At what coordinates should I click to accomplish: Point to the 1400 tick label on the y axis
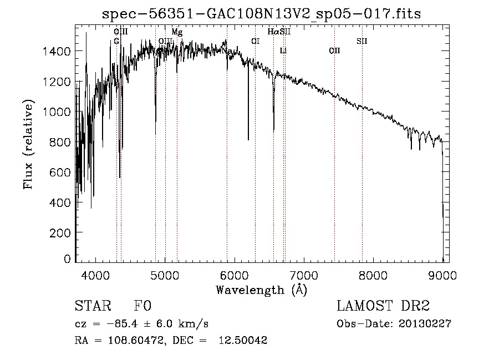pyautogui.click(x=58, y=52)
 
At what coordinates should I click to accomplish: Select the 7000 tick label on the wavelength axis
pyautogui.click(x=304, y=274)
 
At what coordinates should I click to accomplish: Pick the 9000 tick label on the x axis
pyautogui.click(x=443, y=274)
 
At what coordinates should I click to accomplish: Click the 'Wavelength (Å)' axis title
pyautogui.click(x=261, y=290)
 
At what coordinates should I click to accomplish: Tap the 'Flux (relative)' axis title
pyautogui.click(x=28, y=144)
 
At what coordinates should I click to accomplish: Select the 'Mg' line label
pyautogui.click(x=177, y=32)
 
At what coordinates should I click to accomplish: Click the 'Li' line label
pyautogui.click(x=283, y=51)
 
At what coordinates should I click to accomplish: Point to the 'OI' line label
pyautogui.click(x=255, y=41)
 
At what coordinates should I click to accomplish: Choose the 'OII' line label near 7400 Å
pyautogui.click(x=334, y=51)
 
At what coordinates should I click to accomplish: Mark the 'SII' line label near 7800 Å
pyautogui.click(x=361, y=41)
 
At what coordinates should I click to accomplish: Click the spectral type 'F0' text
pyautogui.click(x=142, y=306)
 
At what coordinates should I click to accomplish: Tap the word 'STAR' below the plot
pyautogui.click(x=92, y=306)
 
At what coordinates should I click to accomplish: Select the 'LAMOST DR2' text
pyautogui.click(x=383, y=306)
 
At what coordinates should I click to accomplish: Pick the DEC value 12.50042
pyautogui.click(x=245, y=341)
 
